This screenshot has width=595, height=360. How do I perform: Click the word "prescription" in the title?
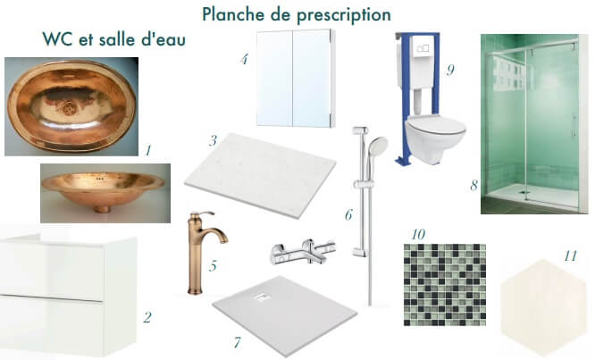(344, 15)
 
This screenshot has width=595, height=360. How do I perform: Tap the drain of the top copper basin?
(70, 109)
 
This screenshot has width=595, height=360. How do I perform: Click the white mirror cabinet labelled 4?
(296, 78)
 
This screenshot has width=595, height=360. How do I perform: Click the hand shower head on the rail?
(377, 146)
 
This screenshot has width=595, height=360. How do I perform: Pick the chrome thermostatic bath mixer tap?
(303, 252)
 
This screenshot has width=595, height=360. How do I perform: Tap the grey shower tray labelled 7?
(285, 314)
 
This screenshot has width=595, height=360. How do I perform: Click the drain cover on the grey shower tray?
(261, 298)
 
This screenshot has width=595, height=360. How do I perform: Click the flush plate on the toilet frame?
(423, 49)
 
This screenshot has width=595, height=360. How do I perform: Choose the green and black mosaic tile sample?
(445, 285)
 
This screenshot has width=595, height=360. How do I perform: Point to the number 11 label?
(570, 256)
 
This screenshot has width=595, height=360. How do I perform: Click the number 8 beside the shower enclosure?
(474, 186)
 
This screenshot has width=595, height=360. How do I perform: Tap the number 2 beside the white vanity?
(147, 317)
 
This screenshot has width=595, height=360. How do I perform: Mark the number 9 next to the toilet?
(450, 71)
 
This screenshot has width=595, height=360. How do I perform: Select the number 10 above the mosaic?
(418, 234)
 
